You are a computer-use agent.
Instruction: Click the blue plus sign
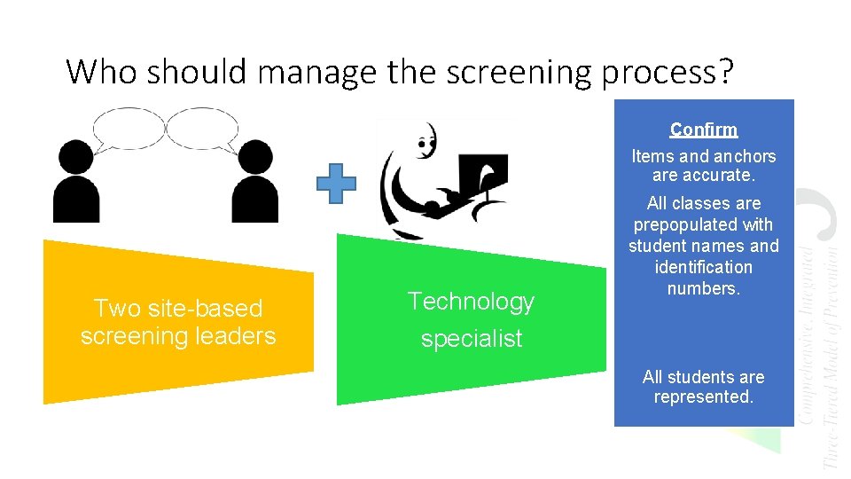tap(337, 184)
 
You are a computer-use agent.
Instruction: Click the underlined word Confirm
tap(704, 130)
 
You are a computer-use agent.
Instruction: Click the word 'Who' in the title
tap(102, 72)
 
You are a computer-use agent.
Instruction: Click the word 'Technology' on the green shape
tap(471, 302)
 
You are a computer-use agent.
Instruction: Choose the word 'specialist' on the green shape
tap(471, 339)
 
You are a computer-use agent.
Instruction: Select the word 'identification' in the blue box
tap(703, 267)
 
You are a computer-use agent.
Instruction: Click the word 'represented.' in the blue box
tap(704, 397)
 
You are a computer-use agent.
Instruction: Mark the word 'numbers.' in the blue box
tap(703, 288)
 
